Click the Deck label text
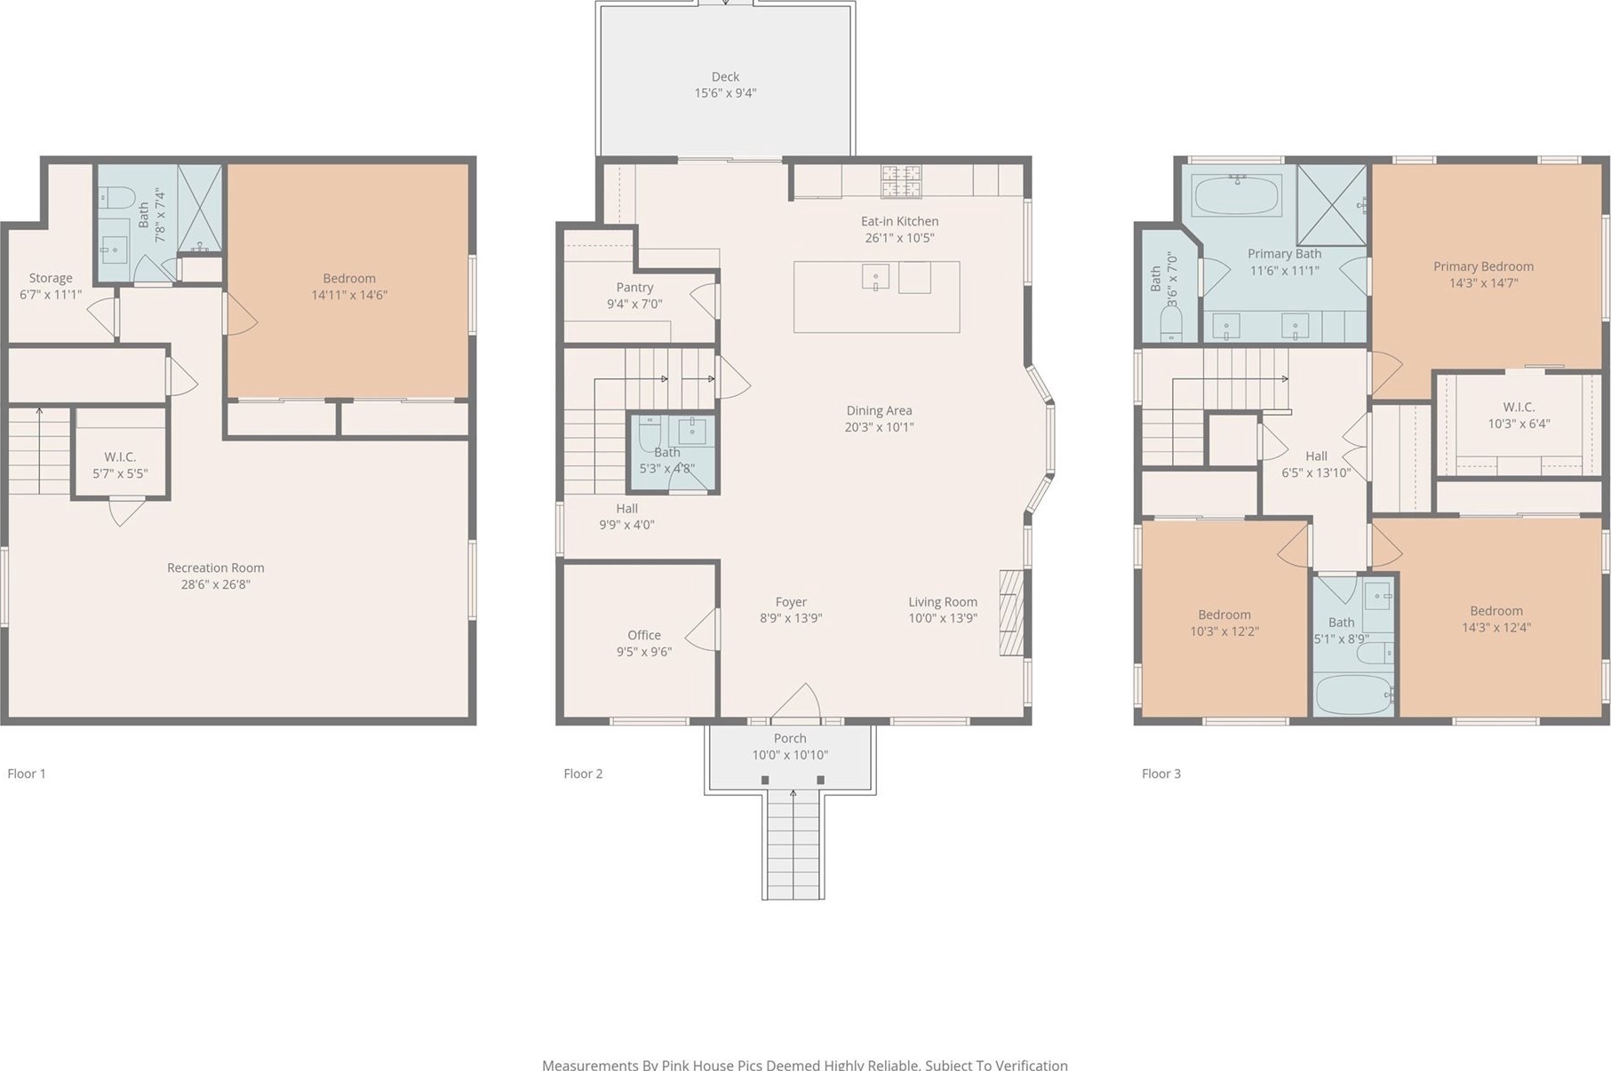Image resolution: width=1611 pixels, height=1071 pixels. coord(725,77)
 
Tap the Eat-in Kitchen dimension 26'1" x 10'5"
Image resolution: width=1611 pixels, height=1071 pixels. coord(899,238)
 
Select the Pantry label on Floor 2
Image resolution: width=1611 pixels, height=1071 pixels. coord(634,288)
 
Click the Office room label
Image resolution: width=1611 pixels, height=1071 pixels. coord(644,635)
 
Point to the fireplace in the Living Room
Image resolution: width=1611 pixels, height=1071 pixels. coord(1011,613)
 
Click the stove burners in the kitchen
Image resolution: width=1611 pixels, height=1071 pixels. coord(901,181)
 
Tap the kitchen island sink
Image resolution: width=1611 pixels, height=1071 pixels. coord(875,277)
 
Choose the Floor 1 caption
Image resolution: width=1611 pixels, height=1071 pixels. coord(27,773)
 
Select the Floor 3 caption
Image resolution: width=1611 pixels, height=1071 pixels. coord(1161,773)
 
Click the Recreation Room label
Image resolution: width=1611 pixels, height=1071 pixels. coord(216,568)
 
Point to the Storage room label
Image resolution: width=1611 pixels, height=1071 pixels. coord(51,278)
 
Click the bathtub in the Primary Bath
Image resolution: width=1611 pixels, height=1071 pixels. coord(1236,195)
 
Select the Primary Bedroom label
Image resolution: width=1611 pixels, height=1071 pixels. coord(1483,266)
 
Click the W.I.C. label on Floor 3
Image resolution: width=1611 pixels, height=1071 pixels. coord(1519,408)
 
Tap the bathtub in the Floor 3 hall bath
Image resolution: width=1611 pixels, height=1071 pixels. coord(1353,694)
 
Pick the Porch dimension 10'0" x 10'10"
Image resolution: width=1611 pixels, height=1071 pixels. coord(790,755)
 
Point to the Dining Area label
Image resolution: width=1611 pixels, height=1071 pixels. coord(879,411)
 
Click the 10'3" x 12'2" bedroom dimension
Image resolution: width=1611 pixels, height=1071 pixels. coord(1224,631)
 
